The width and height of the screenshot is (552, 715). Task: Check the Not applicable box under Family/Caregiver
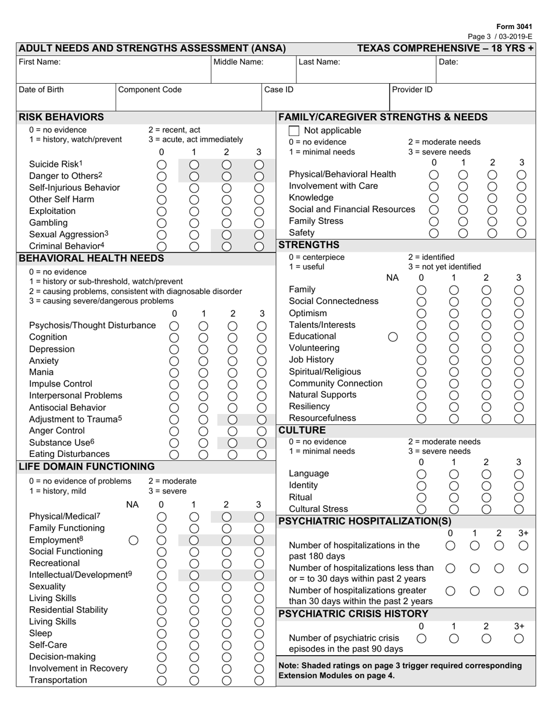pyautogui.click(x=294, y=131)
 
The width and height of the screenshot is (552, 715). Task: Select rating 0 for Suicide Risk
pyautogui.click(x=162, y=165)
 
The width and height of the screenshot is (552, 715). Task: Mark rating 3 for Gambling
pyautogui.click(x=259, y=223)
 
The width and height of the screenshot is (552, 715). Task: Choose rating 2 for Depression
pyautogui.click(x=232, y=349)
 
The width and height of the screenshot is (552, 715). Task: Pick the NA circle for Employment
pyautogui.click(x=133, y=540)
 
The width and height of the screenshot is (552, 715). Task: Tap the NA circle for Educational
pyautogui.click(x=393, y=337)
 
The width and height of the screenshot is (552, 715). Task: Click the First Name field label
pyautogui.click(x=40, y=62)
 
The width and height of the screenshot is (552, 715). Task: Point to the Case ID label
pyautogui.click(x=279, y=90)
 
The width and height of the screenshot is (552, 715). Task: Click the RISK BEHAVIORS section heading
pyautogui.click(x=62, y=117)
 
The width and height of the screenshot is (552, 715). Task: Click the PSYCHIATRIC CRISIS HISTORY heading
pyautogui.click(x=353, y=614)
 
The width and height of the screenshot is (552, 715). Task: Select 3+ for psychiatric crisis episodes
pyautogui.click(x=519, y=638)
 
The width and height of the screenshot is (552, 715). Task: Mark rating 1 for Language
pyautogui.click(x=454, y=474)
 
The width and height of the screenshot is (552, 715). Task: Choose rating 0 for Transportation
pyautogui.click(x=162, y=680)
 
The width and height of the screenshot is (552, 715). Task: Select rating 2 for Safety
pyautogui.click(x=492, y=233)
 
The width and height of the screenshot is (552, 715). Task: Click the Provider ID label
pyautogui.click(x=412, y=90)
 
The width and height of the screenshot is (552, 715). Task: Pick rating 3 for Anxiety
pyautogui.click(x=261, y=361)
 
